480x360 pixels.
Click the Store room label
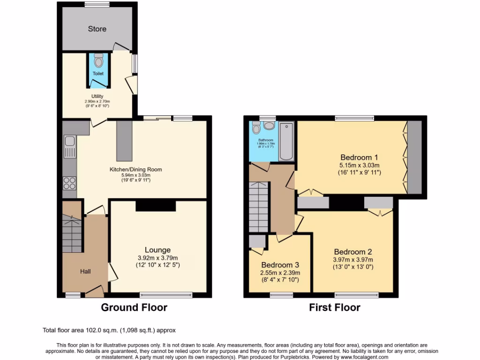coord(97,29)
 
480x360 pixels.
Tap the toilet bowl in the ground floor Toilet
coord(98,61)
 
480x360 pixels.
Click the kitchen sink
coord(69,141)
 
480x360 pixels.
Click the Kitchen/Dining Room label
coord(136,169)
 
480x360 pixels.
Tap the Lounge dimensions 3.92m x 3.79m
coord(157,258)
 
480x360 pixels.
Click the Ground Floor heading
coord(134,307)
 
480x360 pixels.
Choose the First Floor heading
coord(335,307)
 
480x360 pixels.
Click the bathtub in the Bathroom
coord(286,141)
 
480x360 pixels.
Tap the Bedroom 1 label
coord(359,157)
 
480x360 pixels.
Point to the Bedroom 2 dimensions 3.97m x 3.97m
coord(353,260)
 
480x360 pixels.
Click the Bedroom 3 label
coord(280,264)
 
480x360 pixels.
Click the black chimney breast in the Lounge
coord(156,206)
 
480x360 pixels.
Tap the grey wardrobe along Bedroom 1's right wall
coord(414,157)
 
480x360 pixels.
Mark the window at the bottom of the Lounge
coord(166,295)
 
